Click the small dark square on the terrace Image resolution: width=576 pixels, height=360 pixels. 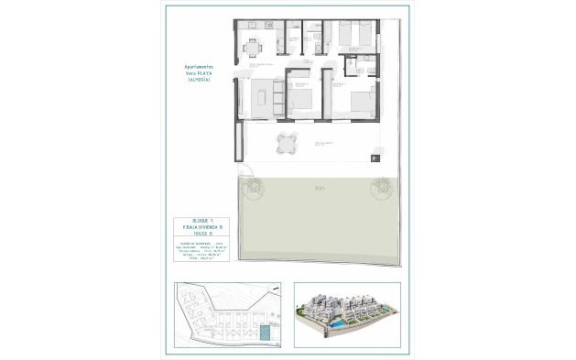[375, 159]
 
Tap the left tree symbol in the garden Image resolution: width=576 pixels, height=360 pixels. [253, 189]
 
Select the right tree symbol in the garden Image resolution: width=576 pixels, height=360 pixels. [379, 190]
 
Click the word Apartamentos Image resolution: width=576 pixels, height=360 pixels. [198, 66]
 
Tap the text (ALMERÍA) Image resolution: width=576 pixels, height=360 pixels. [198, 81]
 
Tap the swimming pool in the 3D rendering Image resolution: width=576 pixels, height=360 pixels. [337, 325]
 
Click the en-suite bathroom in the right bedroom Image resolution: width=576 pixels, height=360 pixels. [361, 64]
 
